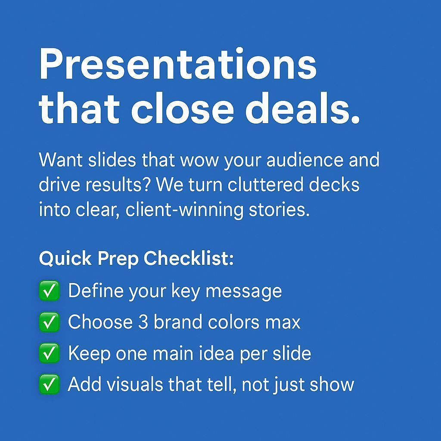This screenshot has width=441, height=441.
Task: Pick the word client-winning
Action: click(183, 210)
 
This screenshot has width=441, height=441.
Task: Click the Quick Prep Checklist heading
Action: click(136, 259)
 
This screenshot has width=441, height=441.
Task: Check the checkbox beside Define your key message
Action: click(49, 291)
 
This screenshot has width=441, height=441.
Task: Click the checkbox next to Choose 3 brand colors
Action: click(49, 323)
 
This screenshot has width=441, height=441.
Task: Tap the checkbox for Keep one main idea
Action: click(49, 354)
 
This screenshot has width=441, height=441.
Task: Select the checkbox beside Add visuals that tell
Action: click(49, 385)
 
